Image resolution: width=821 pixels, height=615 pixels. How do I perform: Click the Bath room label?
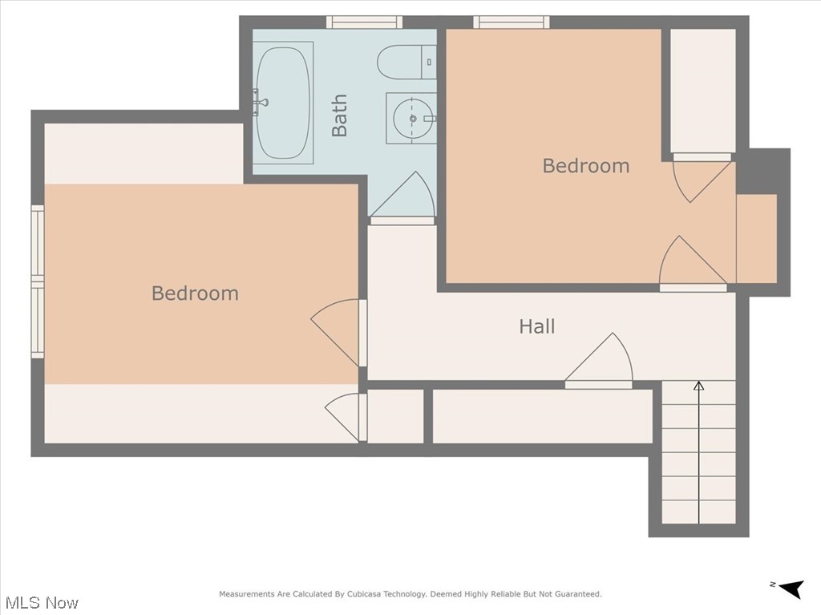tap(340, 115)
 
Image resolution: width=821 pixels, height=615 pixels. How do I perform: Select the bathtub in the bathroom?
tap(283, 103)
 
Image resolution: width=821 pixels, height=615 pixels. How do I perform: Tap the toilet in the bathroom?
tap(406, 63)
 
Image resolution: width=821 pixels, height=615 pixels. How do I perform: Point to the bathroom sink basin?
tap(412, 119)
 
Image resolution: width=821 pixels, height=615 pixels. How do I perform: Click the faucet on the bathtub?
tap(261, 103)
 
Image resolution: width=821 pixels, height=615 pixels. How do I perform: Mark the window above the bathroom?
tap(364, 22)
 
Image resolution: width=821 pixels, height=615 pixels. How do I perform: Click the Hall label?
tap(536, 326)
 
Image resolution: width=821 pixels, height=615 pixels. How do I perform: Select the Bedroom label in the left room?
tap(195, 293)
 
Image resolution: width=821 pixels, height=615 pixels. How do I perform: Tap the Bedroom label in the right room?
tap(586, 166)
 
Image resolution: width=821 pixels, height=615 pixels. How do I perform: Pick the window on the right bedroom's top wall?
tap(511, 22)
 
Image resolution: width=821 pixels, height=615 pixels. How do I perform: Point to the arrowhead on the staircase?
tap(698, 386)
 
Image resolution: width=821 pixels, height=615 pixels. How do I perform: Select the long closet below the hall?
tap(543, 416)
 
